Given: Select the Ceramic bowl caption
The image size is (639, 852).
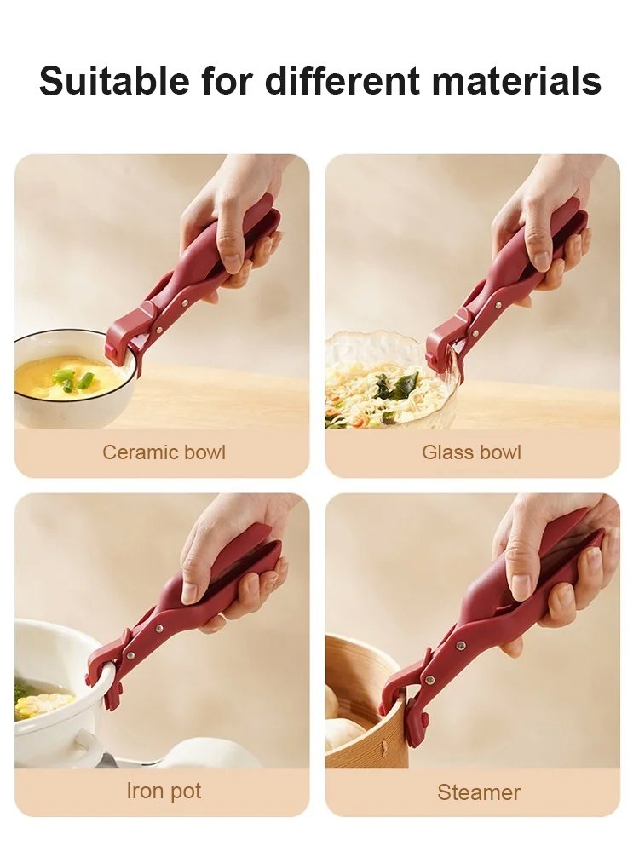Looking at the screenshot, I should (x=164, y=452).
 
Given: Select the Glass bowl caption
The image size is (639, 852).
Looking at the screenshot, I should (x=471, y=452).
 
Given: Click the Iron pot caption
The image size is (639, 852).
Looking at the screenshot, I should (x=164, y=791).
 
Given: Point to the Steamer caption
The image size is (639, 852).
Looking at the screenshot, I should (x=478, y=792).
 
